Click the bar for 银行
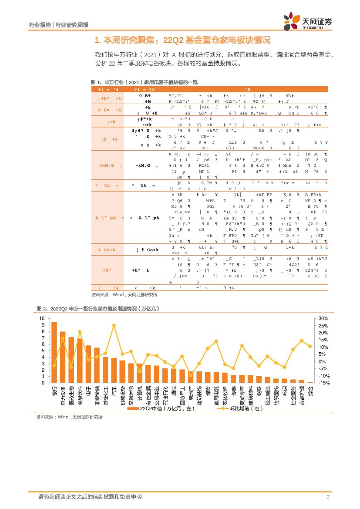pos(54,352)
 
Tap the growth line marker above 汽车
pos(114,325)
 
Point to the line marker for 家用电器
pos(216,341)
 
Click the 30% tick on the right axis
pos(323,318)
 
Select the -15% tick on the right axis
pos(323,383)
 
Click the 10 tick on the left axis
pos(42,318)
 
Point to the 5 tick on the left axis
pos(42,351)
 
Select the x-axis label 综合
pos(310,391)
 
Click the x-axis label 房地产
pos(191,393)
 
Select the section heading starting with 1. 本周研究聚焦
pos(182,41)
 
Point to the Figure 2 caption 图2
pos(98,309)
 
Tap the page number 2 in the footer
pos(327,497)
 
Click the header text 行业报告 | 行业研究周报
pos(58,24)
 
